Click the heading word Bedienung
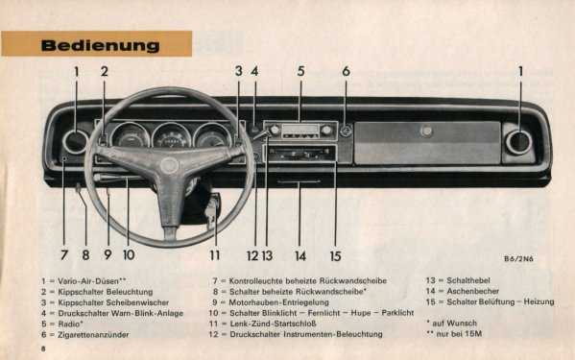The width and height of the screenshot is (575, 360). click(100, 45)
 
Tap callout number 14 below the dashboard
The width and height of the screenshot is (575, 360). click(300, 255)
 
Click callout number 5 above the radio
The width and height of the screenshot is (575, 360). click(300, 71)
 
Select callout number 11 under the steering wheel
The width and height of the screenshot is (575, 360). click(214, 254)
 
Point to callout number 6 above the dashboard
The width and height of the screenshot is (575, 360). click(346, 71)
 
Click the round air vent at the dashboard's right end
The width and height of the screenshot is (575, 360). click(518, 142)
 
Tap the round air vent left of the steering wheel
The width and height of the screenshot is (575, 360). click(76, 141)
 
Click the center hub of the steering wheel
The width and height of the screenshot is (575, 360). click(169, 166)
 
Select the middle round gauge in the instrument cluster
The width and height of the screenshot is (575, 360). click(171, 136)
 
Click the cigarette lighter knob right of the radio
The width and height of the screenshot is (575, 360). click(346, 131)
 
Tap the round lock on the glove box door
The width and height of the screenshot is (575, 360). click(426, 131)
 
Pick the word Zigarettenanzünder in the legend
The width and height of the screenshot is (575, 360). click(93, 334)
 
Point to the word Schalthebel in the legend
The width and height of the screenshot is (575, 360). click(468, 280)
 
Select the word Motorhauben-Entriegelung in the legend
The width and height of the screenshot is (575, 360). click(278, 302)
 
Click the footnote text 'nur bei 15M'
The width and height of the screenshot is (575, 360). click(459, 334)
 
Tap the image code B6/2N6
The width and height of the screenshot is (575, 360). click(518, 259)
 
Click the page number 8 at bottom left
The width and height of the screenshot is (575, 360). click(43, 348)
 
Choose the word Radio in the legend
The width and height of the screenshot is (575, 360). click(69, 324)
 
